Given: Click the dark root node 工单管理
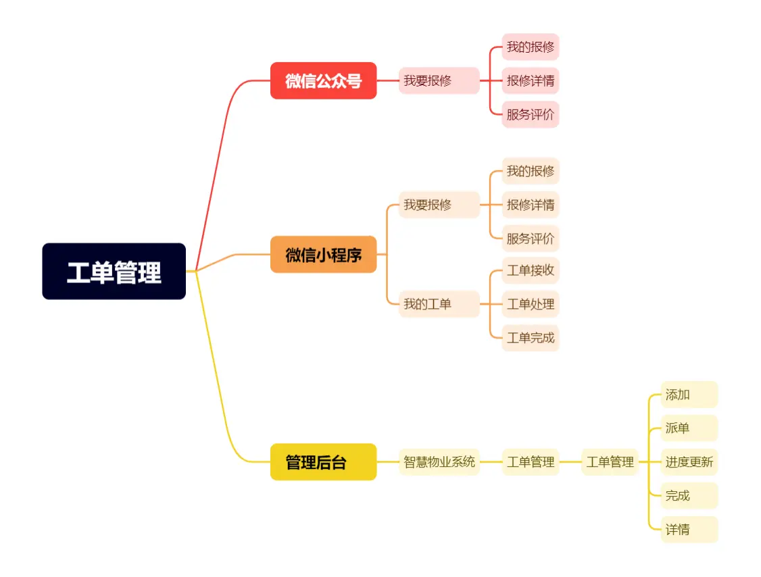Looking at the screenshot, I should pos(114,271).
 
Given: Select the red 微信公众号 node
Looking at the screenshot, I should pos(323,80).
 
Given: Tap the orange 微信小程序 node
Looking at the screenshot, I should pos(323,254).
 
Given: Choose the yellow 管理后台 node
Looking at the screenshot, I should pos(323,462).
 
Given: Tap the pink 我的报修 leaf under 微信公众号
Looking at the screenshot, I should pos(531,47).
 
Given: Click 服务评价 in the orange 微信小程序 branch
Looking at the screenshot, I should pos(531,239).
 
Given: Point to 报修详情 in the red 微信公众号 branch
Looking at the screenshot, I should pos(531,80).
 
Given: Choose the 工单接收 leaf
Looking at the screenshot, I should pos(531,270).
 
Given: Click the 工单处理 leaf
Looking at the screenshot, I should pos(531,304).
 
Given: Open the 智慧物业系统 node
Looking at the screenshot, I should pos(439,462).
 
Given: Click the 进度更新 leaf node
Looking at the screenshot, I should pos(689,462).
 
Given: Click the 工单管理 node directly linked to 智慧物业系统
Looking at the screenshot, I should pos(531,462).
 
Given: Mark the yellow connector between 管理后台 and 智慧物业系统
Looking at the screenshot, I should pos(387,462).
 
